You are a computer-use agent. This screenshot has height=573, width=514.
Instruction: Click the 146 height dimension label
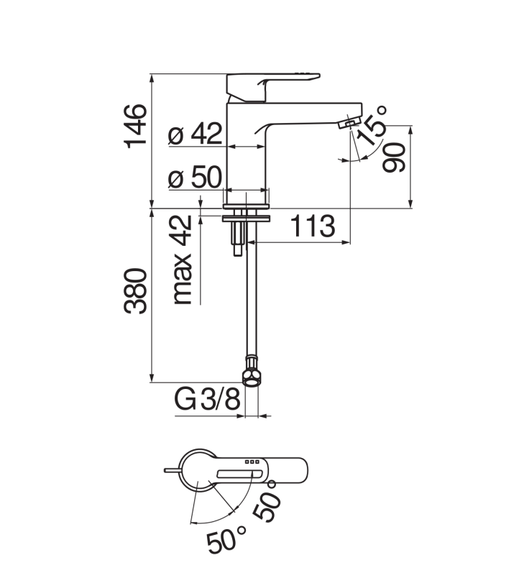pos(136,125)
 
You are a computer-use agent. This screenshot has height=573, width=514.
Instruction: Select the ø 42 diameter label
pos(196,134)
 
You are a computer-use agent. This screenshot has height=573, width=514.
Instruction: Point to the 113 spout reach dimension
pos(313,226)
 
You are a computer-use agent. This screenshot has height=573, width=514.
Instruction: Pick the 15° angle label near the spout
pos(374,129)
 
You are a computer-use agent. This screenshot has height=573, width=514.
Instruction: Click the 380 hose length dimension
pos(136,291)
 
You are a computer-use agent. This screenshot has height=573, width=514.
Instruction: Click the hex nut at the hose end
pos(250,377)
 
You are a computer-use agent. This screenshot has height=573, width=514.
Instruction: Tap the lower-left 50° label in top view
pos(227,539)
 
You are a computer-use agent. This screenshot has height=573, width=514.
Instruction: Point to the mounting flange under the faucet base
pos(247,215)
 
